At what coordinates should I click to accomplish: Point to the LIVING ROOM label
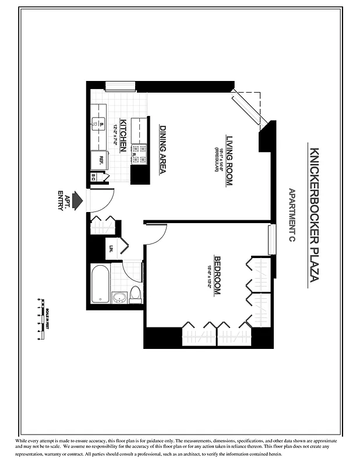click(x=229, y=160)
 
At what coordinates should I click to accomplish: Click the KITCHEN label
click(x=123, y=140)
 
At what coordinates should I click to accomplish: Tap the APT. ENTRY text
click(x=63, y=202)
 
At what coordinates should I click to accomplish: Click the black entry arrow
click(x=79, y=202)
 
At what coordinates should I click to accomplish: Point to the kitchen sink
click(x=98, y=123)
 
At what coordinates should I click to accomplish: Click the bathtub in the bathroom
click(x=100, y=284)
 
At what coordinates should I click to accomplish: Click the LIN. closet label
click(x=110, y=249)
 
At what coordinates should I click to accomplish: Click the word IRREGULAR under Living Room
click(x=216, y=161)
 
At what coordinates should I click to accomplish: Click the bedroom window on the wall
click(x=270, y=239)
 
